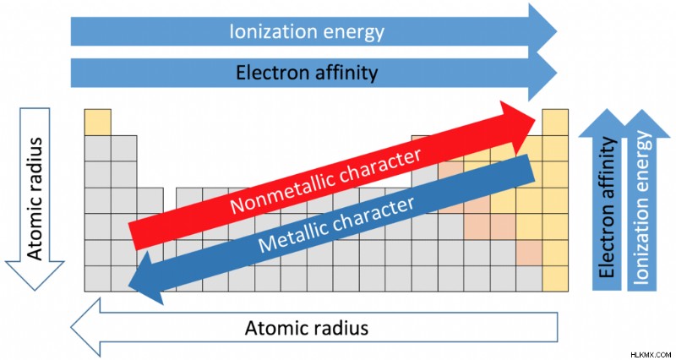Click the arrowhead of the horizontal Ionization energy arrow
[x=542, y=31]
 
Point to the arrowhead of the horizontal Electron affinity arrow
[x=542, y=73]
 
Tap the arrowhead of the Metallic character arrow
[x=146, y=278]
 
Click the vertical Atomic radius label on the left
[x=35, y=199]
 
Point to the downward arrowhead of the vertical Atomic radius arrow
[x=34, y=275]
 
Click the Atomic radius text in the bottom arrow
[x=307, y=328]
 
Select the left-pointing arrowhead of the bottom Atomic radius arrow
[x=85, y=327]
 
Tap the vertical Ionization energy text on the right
[x=641, y=208]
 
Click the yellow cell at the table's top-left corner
[x=98, y=122]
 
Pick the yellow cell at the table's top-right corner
[x=555, y=122]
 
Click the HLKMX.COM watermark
[x=651, y=353]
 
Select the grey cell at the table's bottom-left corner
[x=98, y=279]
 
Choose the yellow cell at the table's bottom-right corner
[x=555, y=279]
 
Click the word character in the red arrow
[x=387, y=165]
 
